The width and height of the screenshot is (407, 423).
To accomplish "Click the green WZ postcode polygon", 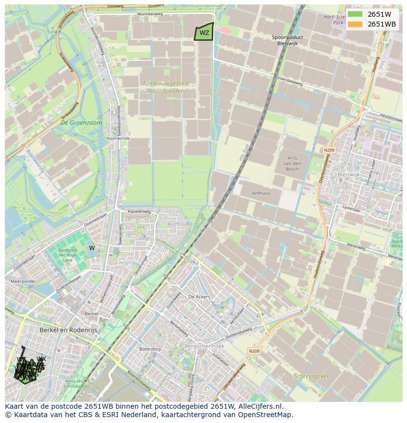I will (x=204, y=32).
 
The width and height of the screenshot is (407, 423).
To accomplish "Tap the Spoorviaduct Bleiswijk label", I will (x=288, y=40).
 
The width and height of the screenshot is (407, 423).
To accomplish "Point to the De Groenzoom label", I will (x=82, y=123).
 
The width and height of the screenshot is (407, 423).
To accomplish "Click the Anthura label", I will (x=261, y=193).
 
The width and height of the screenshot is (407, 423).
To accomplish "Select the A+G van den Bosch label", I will (x=293, y=163).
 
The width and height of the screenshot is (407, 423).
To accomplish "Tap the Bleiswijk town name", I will (x=349, y=174).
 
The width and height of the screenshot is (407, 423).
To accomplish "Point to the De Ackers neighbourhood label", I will (x=199, y=297).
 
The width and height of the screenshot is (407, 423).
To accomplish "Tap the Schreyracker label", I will (x=311, y=376).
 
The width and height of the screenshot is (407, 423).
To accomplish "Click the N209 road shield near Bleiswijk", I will (x=329, y=150).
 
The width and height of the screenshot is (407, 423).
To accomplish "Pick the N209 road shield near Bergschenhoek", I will (x=254, y=351).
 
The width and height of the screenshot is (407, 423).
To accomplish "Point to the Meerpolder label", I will (x=23, y=282).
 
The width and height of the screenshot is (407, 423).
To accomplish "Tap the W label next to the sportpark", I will (x=92, y=248).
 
